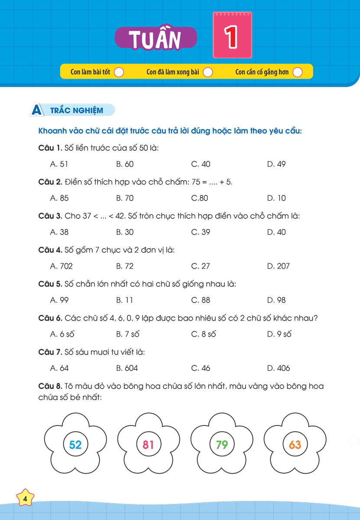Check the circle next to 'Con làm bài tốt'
[119, 72]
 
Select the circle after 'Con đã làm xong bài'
[208, 72]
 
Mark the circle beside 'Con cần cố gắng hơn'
[297, 72]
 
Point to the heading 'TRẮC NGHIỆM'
[77, 110]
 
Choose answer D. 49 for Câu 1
[276, 164]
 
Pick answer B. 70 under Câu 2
[125, 198]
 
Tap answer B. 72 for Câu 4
[125, 266]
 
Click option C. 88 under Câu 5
[201, 300]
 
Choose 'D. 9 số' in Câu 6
[279, 334]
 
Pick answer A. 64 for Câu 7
[59, 368]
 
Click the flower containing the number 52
[75, 445]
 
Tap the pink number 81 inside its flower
[149, 445]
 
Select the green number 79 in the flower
[222, 445]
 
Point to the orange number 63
[295, 445]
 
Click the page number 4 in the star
[25, 499]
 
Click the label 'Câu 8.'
[50, 386]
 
